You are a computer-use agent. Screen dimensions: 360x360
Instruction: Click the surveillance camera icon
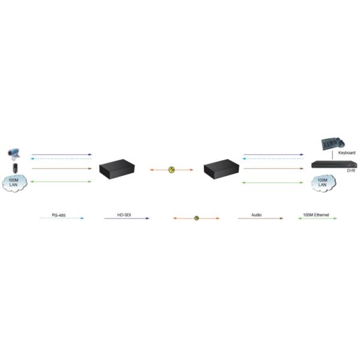pos(14,154)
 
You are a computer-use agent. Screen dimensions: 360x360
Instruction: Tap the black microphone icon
pos(15,168)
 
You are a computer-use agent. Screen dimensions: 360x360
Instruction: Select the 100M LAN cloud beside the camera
pos(14,182)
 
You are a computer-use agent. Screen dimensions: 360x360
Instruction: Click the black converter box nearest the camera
pos(117,169)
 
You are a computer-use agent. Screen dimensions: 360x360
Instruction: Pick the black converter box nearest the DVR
pos(221,169)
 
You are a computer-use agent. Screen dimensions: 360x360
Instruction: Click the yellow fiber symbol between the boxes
pos(172,170)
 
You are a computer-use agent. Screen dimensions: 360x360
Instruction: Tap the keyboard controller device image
pos(332,144)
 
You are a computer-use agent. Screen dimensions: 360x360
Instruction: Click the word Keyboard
pos(347,152)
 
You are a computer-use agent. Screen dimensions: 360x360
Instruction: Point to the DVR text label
pos(351,170)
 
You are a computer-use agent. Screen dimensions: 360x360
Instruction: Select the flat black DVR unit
pos(334,164)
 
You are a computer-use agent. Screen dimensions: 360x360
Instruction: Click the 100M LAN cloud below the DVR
pos(323,183)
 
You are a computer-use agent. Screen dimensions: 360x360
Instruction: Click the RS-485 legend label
pos(59,215)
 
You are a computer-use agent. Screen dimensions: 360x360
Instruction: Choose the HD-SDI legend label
pos(124,215)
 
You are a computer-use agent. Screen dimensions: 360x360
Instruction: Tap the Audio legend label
pos(256,215)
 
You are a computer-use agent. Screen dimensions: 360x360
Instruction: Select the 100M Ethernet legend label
pos(316,215)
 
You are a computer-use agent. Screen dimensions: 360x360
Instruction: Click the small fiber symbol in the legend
pos(197,218)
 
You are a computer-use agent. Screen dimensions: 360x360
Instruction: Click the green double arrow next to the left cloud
pos(61,182)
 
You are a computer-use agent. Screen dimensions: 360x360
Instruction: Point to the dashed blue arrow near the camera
pos(61,158)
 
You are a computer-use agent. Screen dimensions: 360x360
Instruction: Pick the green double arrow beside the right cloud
pos(273,183)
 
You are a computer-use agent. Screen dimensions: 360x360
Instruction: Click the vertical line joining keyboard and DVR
pos(332,155)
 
